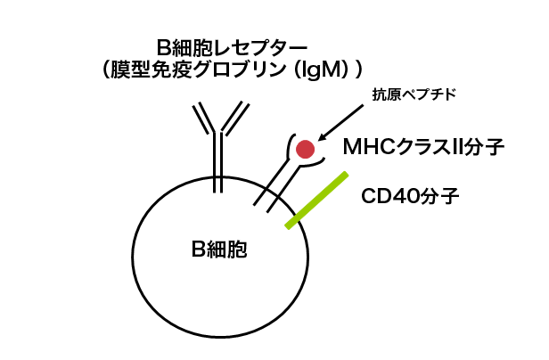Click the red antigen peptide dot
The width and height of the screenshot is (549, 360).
click(x=305, y=149)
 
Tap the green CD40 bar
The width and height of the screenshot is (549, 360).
click(x=317, y=200)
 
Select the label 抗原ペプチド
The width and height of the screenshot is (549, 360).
click(x=414, y=94)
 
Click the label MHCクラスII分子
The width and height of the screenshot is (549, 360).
click(x=423, y=147)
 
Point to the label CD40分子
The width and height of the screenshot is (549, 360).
click(x=410, y=196)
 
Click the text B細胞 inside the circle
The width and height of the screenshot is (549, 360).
click(x=219, y=250)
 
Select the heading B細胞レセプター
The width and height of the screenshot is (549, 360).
click(x=232, y=48)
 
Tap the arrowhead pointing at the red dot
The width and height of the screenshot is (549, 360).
click(x=323, y=136)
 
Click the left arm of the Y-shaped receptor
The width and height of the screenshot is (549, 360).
click(x=204, y=119)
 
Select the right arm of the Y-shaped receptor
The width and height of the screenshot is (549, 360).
click(x=235, y=119)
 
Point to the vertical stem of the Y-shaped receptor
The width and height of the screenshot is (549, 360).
click(x=217, y=162)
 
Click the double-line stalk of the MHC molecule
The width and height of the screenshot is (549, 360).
click(x=275, y=186)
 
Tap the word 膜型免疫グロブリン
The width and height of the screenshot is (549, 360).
click(x=198, y=70)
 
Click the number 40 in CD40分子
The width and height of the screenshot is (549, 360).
click(x=406, y=196)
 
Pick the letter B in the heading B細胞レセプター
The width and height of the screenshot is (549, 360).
click(x=163, y=48)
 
